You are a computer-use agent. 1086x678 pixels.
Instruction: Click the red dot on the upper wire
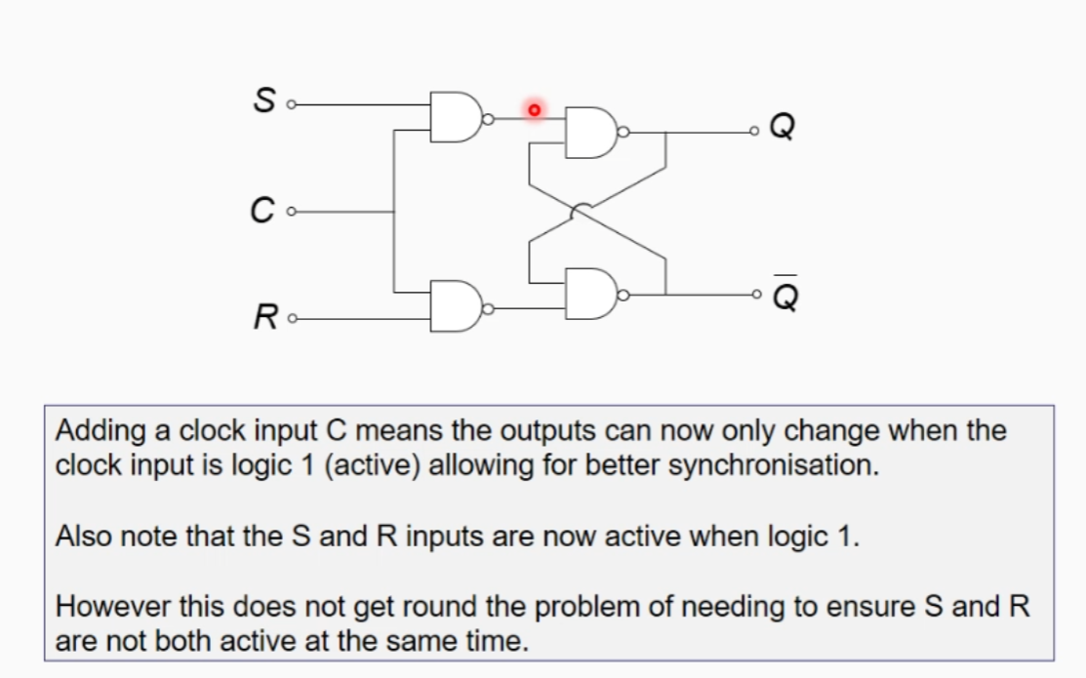pyautogui.click(x=534, y=111)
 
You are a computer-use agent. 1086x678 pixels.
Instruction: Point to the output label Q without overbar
pyautogui.click(x=784, y=128)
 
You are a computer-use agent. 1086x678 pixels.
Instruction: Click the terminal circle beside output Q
pyautogui.click(x=754, y=131)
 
